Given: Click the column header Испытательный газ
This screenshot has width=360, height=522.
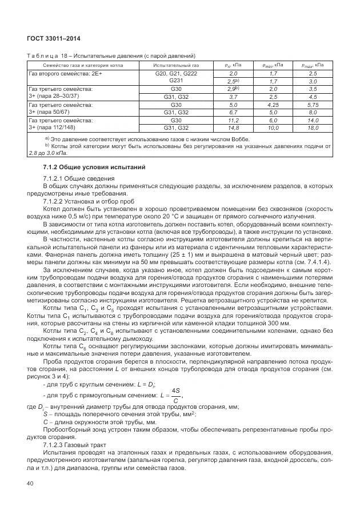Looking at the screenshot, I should click(x=175, y=66).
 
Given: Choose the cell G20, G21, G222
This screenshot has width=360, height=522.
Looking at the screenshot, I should click(x=175, y=74).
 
